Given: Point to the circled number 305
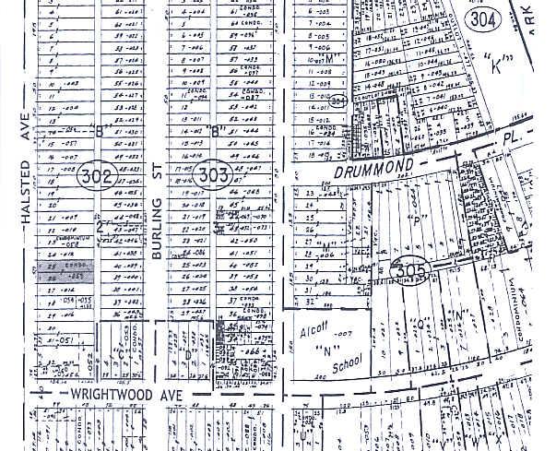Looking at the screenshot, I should [x=412, y=269].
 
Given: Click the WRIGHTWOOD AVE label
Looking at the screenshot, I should [x=128, y=393].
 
